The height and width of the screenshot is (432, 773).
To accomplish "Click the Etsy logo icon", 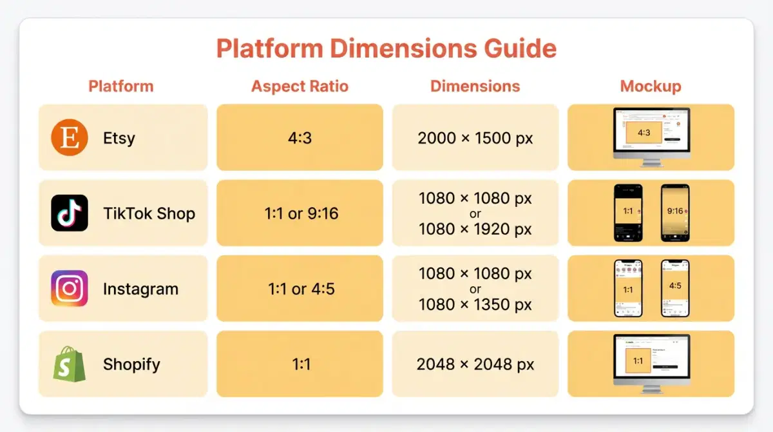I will pyautogui.click(x=70, y=138).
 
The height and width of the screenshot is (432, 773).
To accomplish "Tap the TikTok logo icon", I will pyautogui.click(x=70, y=213).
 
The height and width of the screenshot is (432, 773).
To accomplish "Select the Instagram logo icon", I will pyautogui.click(x=70, y=288).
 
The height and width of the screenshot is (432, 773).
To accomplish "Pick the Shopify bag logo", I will pyautogui.click(x=70, y=364).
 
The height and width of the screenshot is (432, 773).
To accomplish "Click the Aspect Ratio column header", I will pyautogui.click(x=300, y=86).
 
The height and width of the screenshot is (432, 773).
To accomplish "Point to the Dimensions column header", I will pyautogui.click(x=475, y=86).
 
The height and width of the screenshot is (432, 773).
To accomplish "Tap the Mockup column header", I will pyautogui.click(x=651, y=86).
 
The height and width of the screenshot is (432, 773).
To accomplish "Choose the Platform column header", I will pyautogui.click(x=121, y=86).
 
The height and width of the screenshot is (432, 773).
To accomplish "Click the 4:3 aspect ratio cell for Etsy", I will pyautogui.click(x=300, y=138).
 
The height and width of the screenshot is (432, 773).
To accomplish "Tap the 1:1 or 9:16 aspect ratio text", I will pyautogui.click(x=301, y=213).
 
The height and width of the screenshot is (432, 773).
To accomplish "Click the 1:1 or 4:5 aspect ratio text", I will pyautogui.click(x=301, y=289).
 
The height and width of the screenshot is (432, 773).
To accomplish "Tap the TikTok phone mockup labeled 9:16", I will pyautogui.click(x=674, y=213).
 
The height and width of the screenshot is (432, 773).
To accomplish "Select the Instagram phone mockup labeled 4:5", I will pyautogui.click(x=674, y=288).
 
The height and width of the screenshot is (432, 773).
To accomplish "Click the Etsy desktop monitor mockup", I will pyautogui.click(x=651, y=136).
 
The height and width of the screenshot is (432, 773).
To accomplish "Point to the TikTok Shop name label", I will pyautogui.click(x=149, y=213).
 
